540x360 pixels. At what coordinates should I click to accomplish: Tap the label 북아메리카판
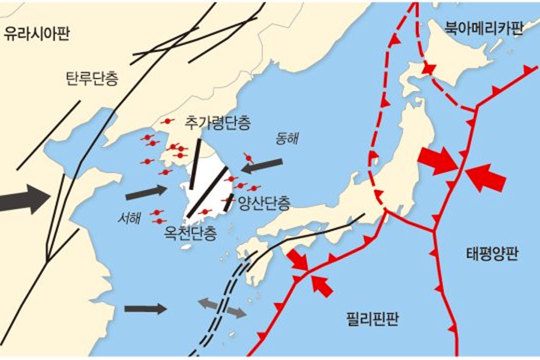click(483, 28)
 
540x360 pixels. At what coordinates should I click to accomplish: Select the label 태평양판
click(491, 254)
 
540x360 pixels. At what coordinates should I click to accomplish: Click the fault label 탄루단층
click(91, 79)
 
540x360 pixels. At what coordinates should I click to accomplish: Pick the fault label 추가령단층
click(218, 124)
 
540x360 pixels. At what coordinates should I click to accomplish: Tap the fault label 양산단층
click(264, 203)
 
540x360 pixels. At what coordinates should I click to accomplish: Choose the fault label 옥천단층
click(190, 232)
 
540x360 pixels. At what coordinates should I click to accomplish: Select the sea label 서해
click(129, 218)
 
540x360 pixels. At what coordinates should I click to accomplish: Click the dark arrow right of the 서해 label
click(146, 193)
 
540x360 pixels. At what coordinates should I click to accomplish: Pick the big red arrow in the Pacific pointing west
click(486, 178)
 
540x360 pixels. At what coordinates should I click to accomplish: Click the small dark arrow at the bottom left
click(145, 309)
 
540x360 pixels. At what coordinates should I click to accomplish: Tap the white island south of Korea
click(186, 247)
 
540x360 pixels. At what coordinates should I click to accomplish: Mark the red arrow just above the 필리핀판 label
click(322, 286)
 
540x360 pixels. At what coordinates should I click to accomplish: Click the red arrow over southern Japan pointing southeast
click(298, 260)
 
